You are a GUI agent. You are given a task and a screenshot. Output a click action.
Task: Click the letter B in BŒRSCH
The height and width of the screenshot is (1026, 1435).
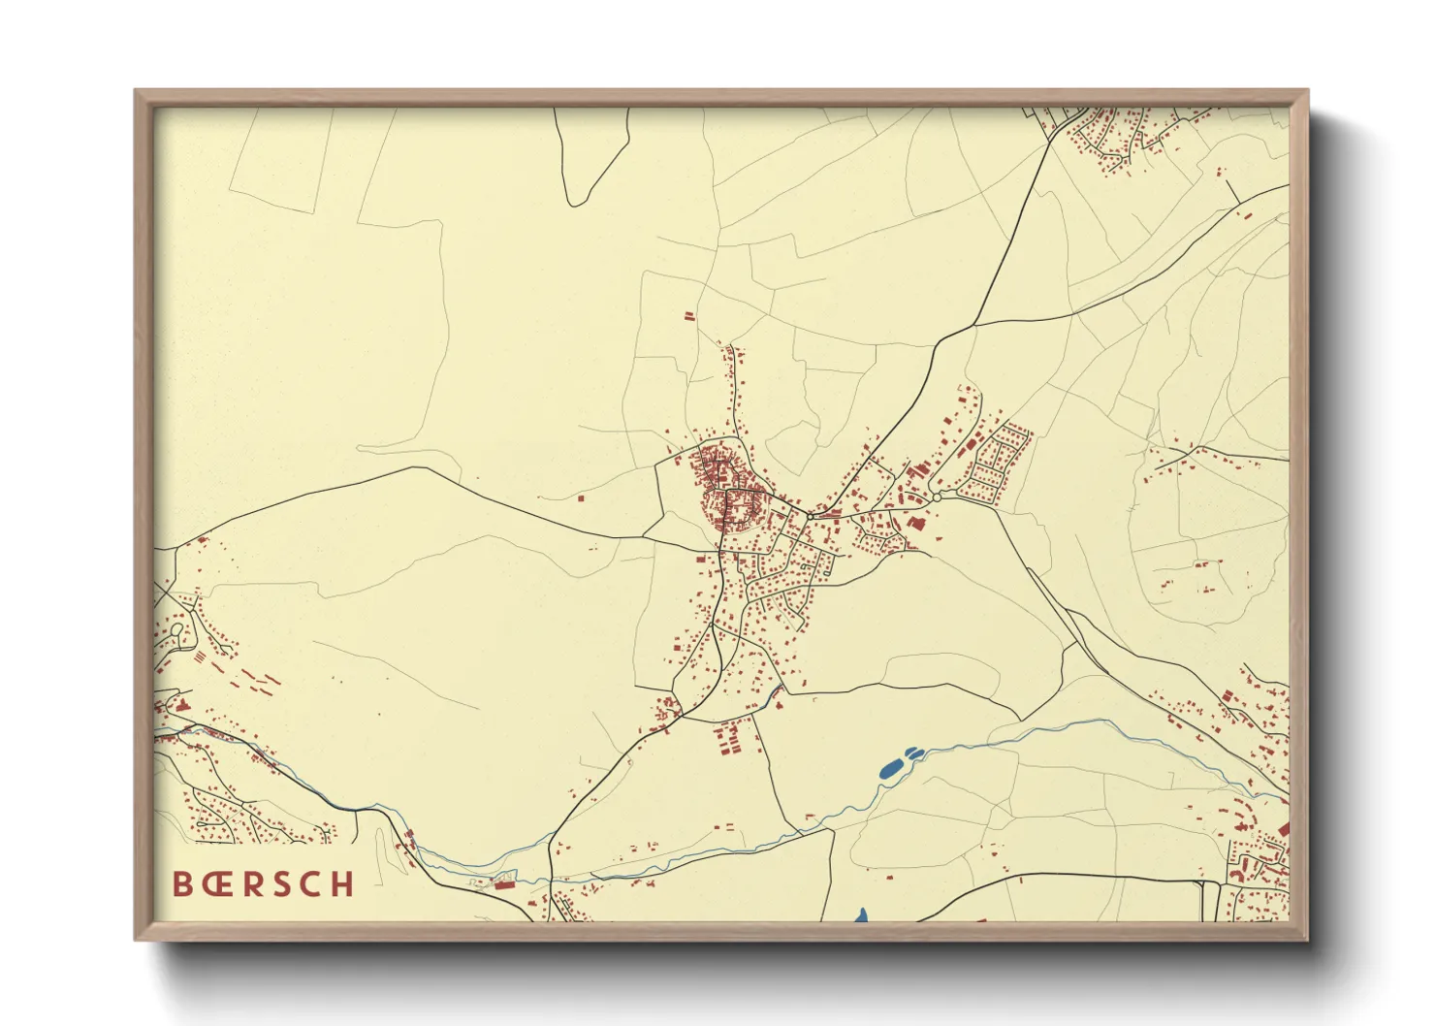point(182,883)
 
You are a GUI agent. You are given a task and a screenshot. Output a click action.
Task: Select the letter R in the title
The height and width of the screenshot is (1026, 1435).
point(253,883)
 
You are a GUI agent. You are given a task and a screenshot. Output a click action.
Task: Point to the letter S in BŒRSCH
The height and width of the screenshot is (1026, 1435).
point(282,883)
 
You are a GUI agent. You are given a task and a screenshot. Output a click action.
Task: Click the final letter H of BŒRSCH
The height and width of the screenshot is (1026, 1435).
point(342,883)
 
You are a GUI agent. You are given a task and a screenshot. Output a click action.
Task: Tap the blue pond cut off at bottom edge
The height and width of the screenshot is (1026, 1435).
point(861,914)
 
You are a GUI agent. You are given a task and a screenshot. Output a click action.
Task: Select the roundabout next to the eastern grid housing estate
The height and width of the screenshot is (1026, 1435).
point(937,497)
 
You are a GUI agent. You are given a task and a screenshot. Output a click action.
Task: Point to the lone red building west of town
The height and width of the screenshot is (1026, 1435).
point(581,498)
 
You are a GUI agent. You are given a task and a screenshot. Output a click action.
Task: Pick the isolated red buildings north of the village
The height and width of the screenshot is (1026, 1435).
point(689,316)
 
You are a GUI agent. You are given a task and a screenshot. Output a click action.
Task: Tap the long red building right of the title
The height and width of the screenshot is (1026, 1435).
point(503,884)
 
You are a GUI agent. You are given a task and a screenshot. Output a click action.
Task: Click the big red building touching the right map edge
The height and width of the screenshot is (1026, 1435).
point(1283,829)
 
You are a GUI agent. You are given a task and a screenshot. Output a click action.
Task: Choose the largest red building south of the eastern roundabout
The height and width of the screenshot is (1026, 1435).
point(916,523)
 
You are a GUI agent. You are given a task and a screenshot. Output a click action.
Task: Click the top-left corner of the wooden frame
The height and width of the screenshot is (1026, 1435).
point(137,92)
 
